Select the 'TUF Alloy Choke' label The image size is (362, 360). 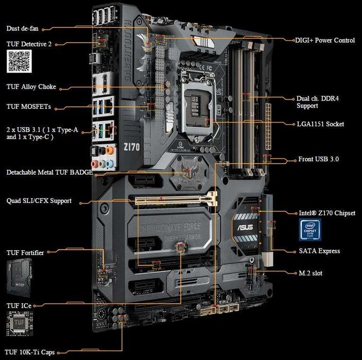[31, 87]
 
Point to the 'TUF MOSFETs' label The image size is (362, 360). [28, 107]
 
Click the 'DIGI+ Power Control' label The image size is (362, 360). [324, 40]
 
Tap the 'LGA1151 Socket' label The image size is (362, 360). [320, 124]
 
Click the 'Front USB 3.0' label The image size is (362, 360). [318, 159]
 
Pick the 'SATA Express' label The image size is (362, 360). [319, 251]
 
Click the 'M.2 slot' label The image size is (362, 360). [311, 273]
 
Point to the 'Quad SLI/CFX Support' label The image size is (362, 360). [39, 201]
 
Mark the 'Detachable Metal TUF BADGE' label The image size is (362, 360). [49, 172]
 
